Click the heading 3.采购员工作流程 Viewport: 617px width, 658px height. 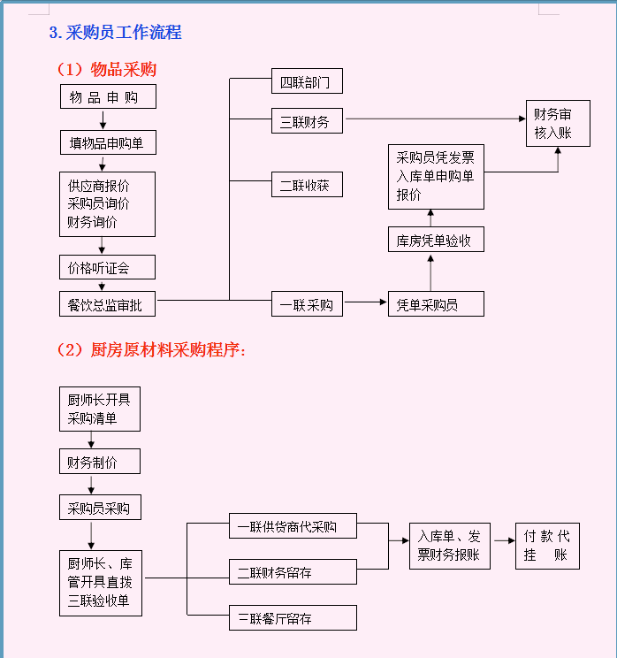[116, 33]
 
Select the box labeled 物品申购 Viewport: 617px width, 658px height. [107, 96]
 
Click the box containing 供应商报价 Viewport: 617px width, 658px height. [107, 204]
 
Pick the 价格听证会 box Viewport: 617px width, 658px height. [107, 266]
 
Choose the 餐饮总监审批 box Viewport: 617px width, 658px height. [107, 305]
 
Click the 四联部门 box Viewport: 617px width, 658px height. [306, 82]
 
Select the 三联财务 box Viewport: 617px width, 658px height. [306, 121]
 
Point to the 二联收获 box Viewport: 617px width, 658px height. [306, 185]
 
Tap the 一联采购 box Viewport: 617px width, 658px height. [306, 304]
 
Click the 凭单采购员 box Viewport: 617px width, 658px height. [436, 304]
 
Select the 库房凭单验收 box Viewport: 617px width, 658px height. [436, 240]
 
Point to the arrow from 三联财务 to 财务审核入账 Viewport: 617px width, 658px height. [433, 119]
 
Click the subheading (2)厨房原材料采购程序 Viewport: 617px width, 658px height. [151, 349]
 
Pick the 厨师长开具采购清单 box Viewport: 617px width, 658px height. [99, 409]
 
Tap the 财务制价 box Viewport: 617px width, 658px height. [99, 461]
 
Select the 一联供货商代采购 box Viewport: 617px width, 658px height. [293, 527]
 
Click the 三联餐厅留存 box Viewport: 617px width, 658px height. [293, 617]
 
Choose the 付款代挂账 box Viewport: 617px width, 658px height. [547, 546]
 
